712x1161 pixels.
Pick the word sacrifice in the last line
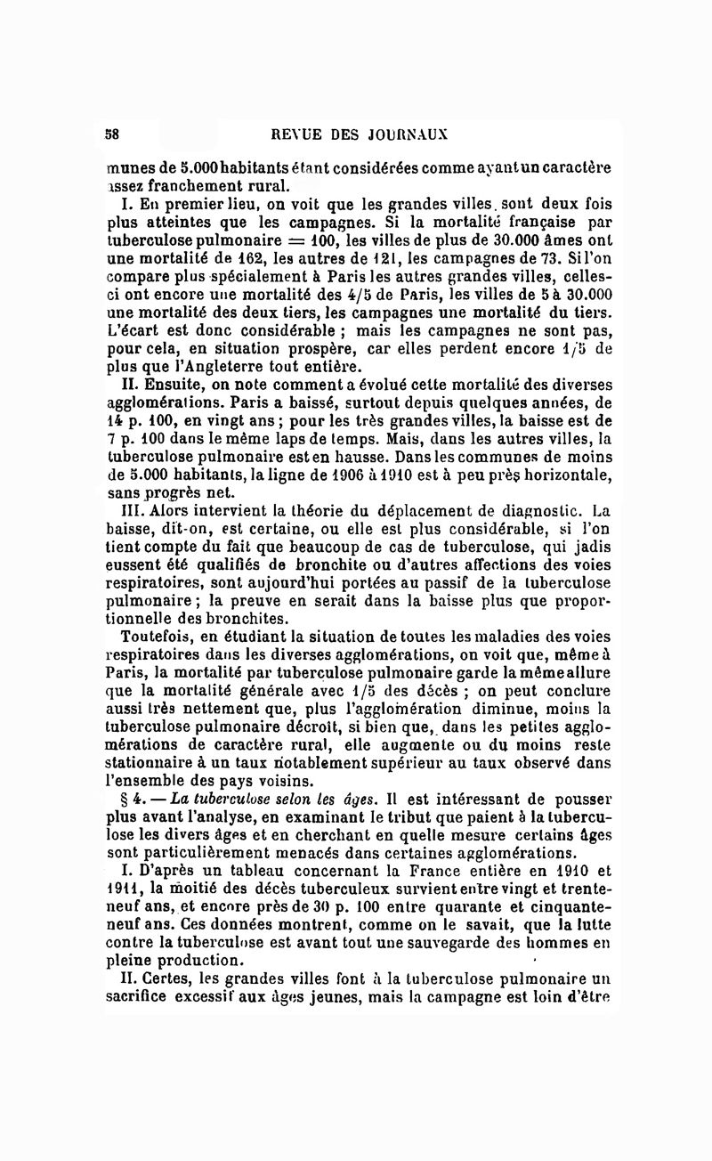(145, 1003)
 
